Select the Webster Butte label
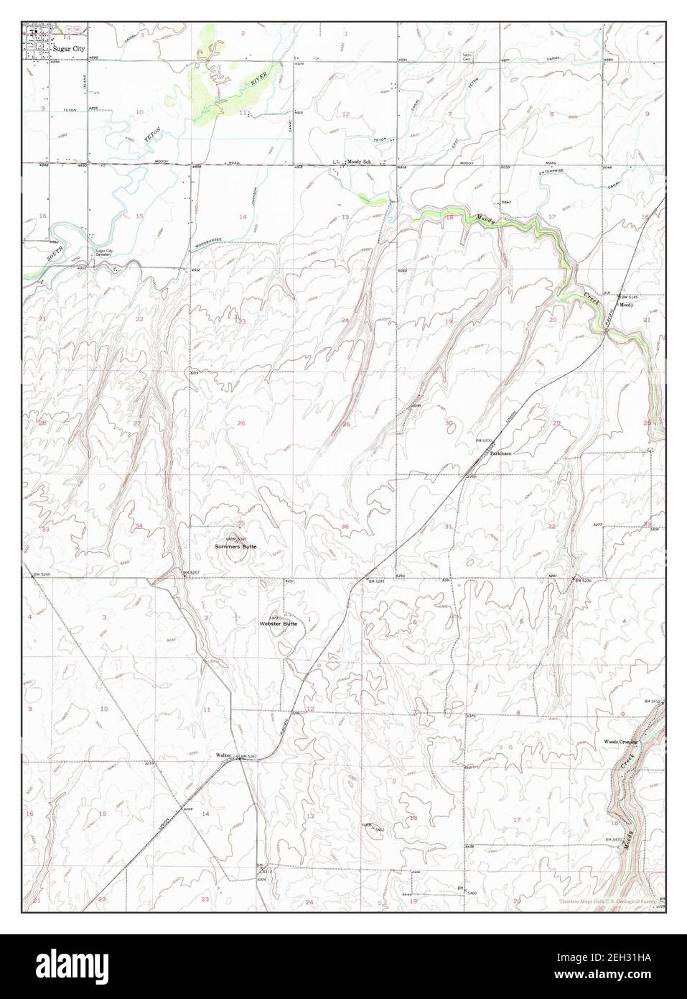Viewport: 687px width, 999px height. pyautogui.click(x=278, y=625)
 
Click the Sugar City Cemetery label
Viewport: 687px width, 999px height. pyautogui.click(x=106, y=254)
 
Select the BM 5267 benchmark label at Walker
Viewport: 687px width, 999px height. pyautogui.click(x=248, y=757)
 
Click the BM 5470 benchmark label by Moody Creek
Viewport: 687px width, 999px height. pyautogui.click(x=612, y=840)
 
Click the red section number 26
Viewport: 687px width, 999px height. pyautogui.click(x=241, y=423)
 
